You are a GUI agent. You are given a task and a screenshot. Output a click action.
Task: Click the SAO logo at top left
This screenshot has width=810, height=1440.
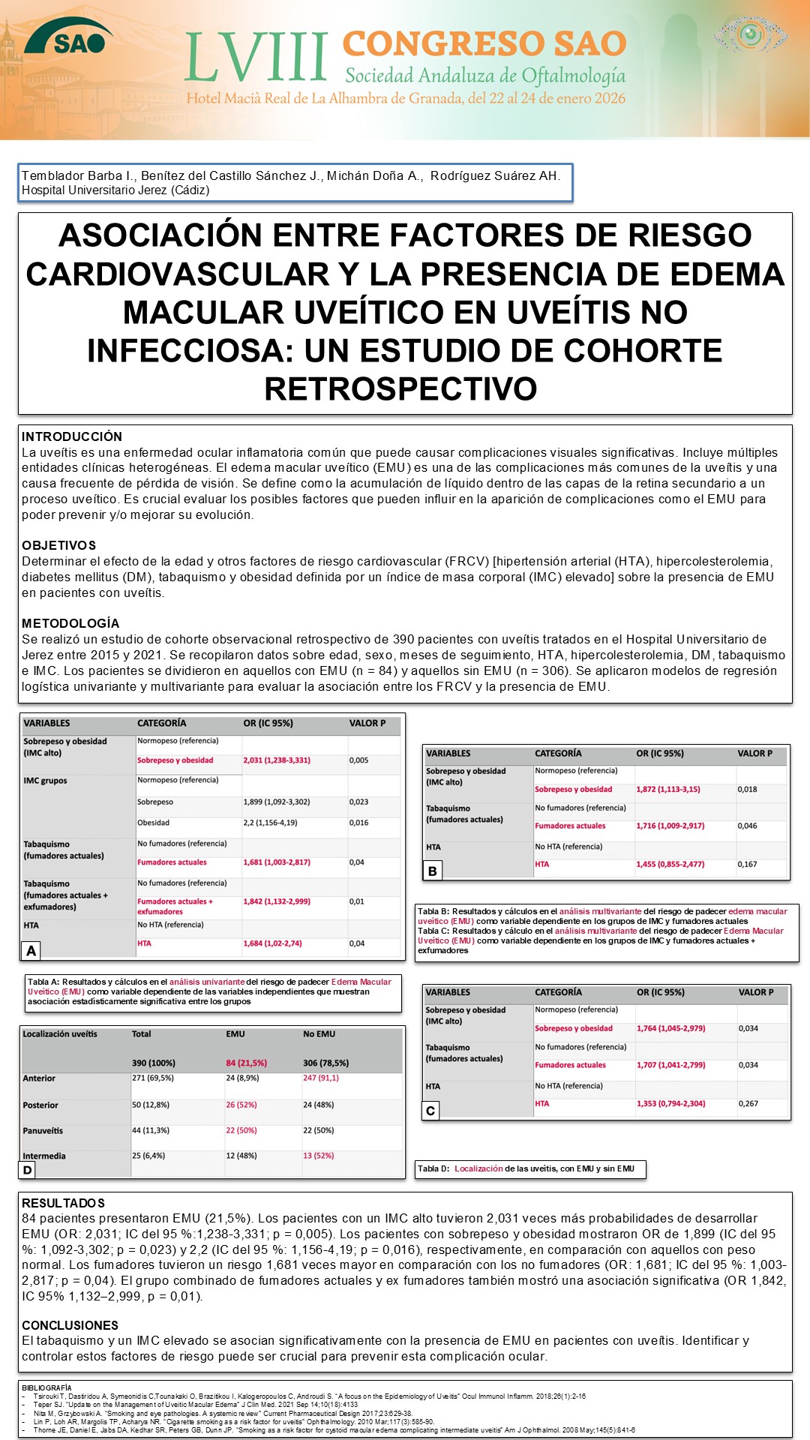coord(69,37)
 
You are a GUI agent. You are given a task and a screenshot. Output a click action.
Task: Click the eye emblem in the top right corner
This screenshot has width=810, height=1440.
coord(750,34)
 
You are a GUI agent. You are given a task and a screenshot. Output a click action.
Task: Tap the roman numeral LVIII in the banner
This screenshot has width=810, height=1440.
coord(256,57)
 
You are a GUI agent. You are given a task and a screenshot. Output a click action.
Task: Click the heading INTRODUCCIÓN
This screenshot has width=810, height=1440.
coord(72,436)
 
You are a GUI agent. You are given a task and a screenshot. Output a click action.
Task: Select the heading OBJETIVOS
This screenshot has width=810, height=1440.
coord(59,545)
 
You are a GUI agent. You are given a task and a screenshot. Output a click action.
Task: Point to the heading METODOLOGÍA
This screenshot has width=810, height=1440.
coord(70,623)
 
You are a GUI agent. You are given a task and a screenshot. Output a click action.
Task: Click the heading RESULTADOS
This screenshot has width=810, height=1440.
coord(64,1203)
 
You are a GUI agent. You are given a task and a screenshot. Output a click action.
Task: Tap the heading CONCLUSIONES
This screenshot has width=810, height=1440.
coord(70,1325)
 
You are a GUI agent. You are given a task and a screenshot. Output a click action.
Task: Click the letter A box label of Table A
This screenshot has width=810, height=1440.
coord(31,951)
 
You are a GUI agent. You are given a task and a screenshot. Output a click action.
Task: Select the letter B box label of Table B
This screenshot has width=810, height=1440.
coord(432,871)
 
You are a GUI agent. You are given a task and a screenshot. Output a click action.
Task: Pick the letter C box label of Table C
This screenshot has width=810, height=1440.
coord(430,1111)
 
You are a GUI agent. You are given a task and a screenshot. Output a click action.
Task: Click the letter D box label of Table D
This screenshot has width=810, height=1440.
coord(28,1169)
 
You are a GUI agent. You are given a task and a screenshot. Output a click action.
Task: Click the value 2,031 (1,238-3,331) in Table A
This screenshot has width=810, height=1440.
coord(277,760)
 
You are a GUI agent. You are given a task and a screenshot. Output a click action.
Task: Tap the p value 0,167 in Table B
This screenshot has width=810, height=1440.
coord(747,864)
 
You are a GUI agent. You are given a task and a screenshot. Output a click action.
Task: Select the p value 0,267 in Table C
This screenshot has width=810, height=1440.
coord(748,1103)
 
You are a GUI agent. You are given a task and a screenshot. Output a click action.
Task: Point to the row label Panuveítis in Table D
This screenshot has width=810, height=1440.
coord(43,1130)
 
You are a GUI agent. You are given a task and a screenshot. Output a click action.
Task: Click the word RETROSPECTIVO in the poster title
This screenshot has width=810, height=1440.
coord(400,388)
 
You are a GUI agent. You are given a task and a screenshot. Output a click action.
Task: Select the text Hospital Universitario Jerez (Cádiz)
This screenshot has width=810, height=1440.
coord(115,190)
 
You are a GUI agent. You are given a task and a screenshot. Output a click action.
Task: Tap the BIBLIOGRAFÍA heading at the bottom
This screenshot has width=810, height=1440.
coord(46,1387)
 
